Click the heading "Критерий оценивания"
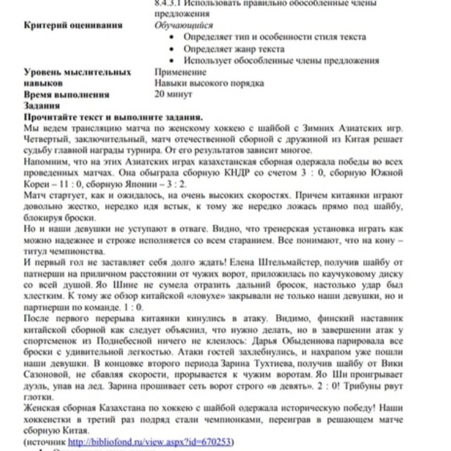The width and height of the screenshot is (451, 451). coord(73,25)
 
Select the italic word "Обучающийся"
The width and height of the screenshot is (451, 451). coord(183,25)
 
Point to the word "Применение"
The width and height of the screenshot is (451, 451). coord(180,72)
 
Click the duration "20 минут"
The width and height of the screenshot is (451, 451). coord(173,94)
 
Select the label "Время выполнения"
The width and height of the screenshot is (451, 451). coord(66,95)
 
